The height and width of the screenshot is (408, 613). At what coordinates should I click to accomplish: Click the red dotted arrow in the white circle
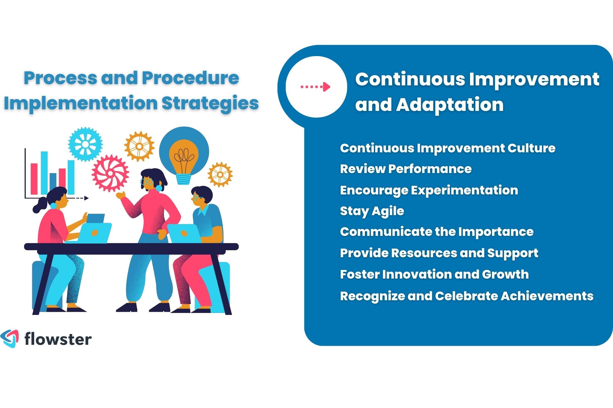pos(315,87)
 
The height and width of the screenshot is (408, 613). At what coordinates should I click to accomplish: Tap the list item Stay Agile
pos(372,211)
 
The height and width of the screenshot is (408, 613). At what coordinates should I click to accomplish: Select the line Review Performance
pos(405,169)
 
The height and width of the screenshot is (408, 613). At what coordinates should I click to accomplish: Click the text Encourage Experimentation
pos(429,190)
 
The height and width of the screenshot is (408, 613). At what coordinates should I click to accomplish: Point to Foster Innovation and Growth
pos(434,274)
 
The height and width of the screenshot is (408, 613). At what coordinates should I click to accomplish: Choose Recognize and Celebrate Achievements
pos(466,296)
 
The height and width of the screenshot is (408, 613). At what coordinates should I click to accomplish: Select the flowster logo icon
pos(10,339)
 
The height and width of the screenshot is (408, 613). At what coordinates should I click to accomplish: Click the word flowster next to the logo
pos(58,339)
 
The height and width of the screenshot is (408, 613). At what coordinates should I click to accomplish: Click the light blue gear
pos(85,144)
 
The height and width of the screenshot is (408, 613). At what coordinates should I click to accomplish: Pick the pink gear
pos(110,173)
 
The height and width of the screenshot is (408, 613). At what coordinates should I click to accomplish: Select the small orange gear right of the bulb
pos(220,174)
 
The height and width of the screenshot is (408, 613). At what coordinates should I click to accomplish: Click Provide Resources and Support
pos(439,253)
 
